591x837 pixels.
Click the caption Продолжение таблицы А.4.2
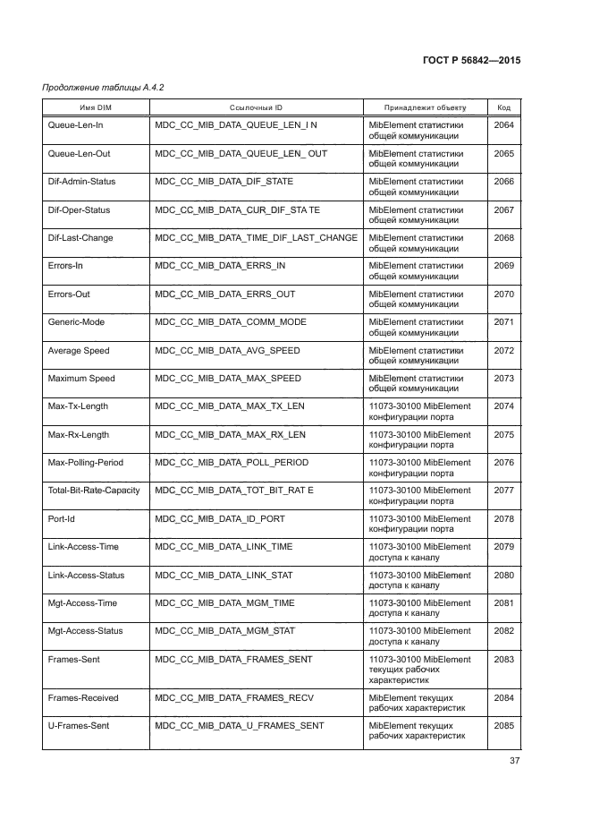coord(103,87)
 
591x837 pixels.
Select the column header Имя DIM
coord(96,107)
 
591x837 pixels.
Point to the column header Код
coord(503,107)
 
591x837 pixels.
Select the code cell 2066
coord(503,182)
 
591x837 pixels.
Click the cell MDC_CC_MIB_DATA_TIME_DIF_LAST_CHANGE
coord(256,238)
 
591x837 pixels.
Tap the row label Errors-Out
coord(69,295)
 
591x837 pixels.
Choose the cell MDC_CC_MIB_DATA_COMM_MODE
coord(230,322)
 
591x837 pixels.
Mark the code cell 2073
coord(503,379)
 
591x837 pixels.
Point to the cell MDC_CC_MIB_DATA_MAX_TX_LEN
coord(230,406)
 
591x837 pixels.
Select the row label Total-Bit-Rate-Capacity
coord(94,491)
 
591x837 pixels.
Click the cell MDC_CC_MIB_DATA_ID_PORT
coord(220,519)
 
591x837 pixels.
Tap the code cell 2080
coord(503,576)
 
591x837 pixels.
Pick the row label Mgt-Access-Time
coord(83,603)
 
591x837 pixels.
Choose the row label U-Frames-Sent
coord(78,726)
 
